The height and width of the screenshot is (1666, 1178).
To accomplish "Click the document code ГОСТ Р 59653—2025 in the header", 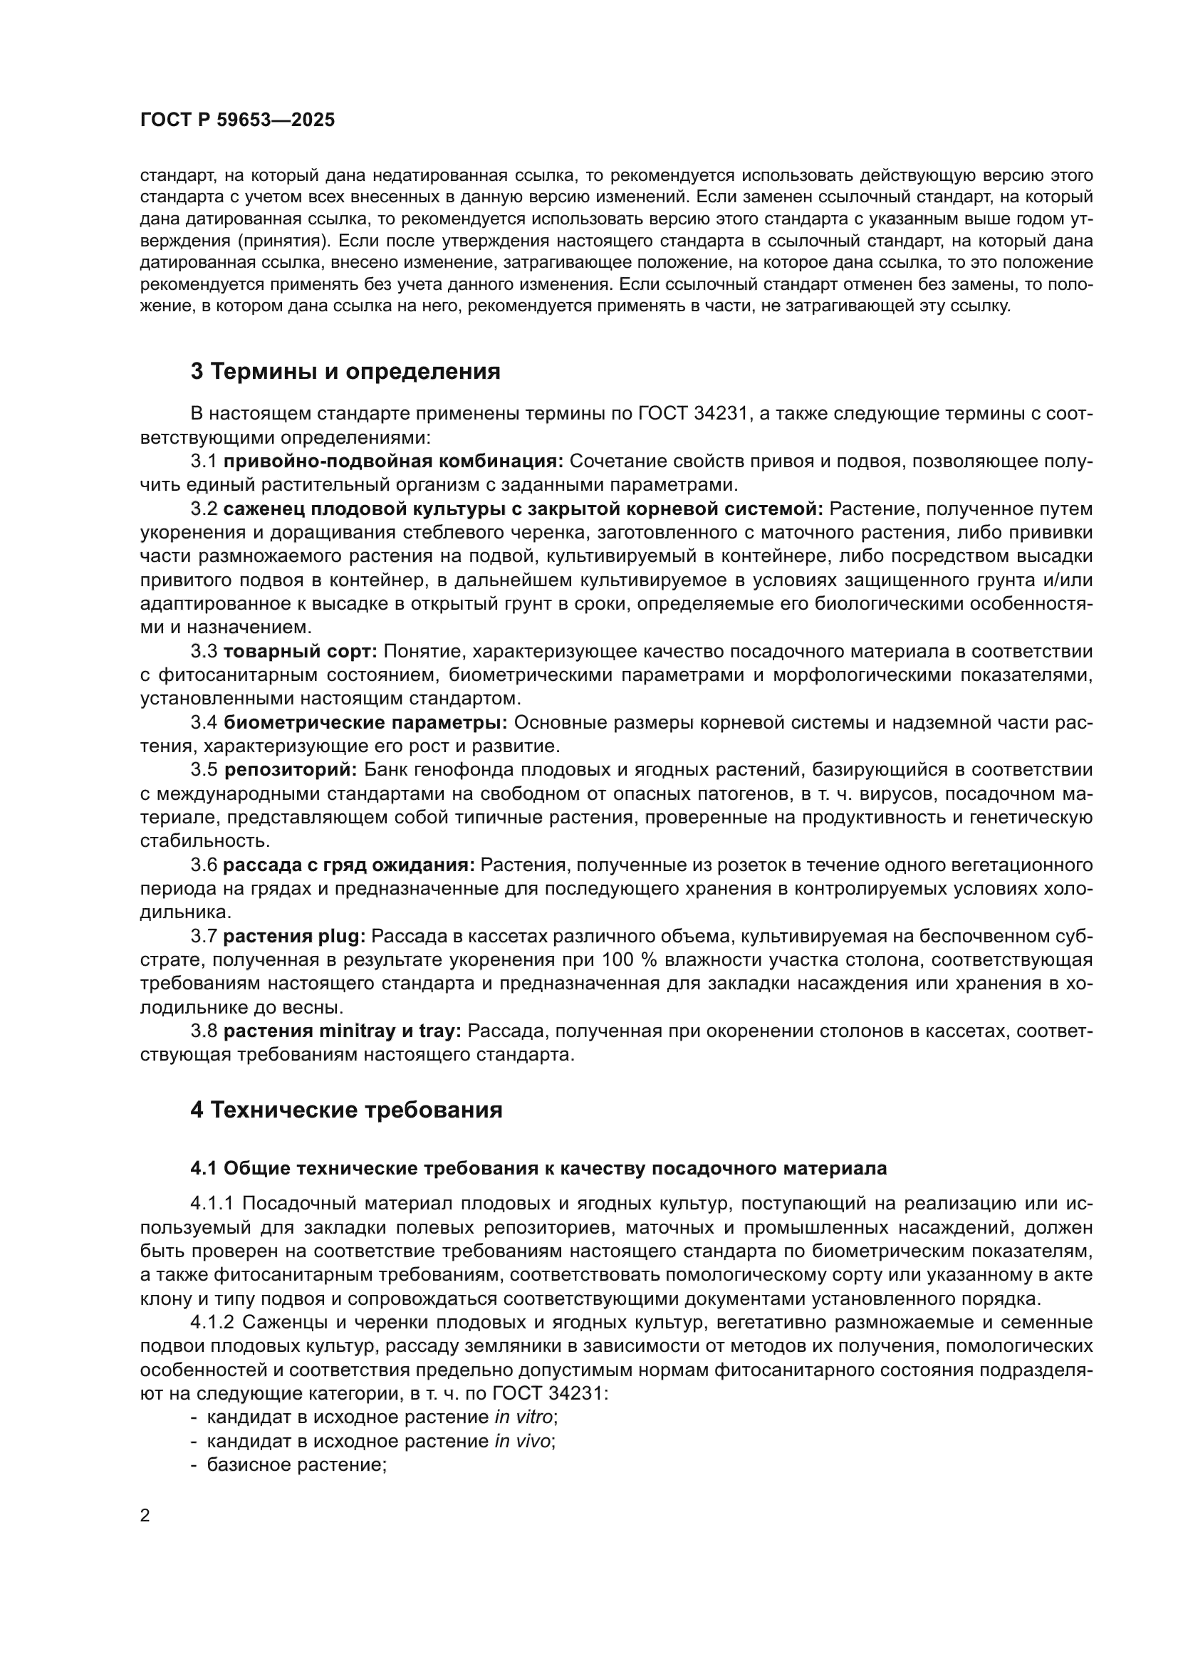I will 237,120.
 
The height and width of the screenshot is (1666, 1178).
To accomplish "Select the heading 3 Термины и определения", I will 345,372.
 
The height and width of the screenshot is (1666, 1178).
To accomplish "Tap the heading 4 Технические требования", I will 346,1110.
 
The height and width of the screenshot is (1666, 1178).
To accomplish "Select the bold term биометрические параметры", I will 365,723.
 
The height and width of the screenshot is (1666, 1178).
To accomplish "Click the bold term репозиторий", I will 291,770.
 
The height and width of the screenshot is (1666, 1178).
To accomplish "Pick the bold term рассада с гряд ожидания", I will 349,865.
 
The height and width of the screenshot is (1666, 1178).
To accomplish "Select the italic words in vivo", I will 522,1441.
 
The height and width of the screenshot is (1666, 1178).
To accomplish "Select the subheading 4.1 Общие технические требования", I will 538,1168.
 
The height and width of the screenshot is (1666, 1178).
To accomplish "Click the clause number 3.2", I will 204,509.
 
